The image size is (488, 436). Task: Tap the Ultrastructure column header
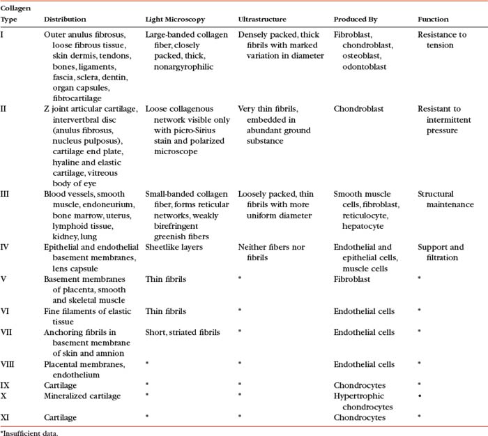265,19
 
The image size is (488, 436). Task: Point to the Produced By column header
357,19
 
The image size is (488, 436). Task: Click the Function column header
434,19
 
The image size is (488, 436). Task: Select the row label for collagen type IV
6,247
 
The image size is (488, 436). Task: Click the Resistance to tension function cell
441,39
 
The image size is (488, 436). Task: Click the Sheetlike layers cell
174,247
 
